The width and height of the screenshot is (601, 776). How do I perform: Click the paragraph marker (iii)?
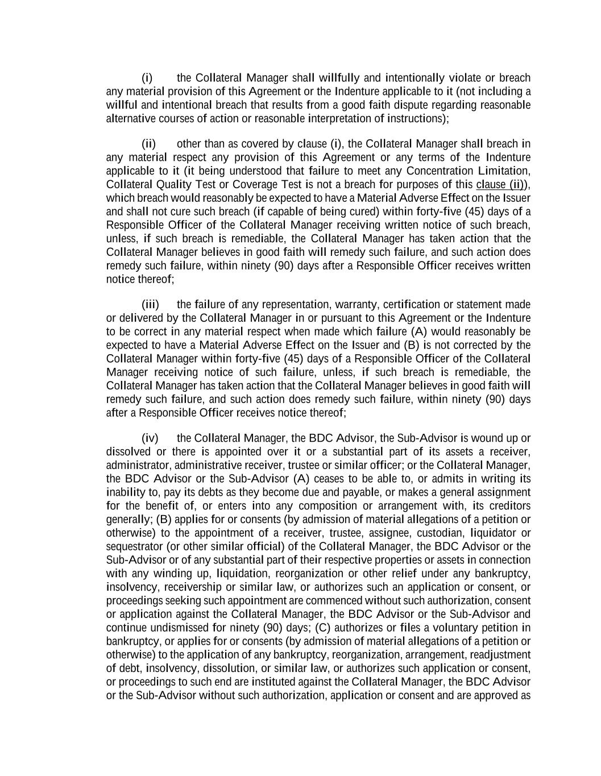[150, 305]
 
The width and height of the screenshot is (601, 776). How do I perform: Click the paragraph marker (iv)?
[150, 438]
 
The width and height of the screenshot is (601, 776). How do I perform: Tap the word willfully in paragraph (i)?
[339, 78]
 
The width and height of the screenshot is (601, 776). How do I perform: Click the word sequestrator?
[134, 547]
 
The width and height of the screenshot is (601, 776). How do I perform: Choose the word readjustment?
[500, 655]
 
